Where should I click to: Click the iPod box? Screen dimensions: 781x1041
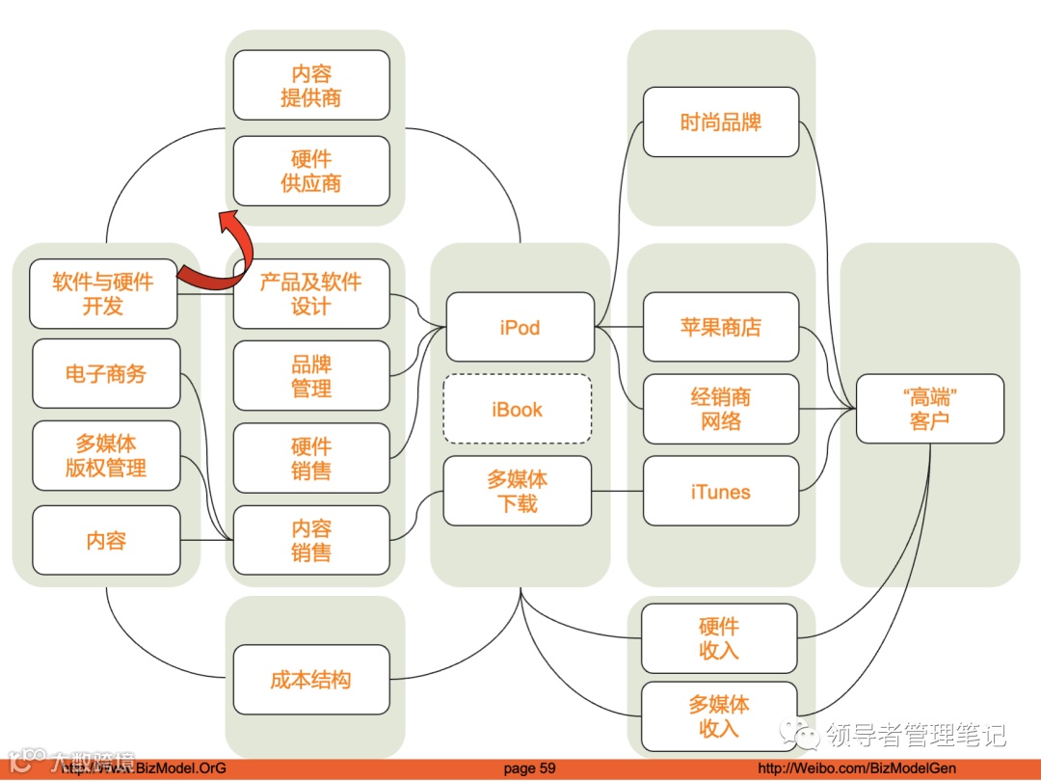[520, 328]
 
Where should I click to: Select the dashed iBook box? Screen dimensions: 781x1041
[518, 410]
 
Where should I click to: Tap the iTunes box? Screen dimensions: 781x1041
[721, 492]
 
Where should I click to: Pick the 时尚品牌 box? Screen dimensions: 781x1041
[721, 122]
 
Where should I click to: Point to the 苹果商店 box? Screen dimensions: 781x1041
[721, 328]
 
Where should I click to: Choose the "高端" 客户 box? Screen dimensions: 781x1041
[929, 409]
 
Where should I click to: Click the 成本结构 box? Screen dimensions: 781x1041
[311, 680]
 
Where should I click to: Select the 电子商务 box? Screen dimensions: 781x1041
[106, 373]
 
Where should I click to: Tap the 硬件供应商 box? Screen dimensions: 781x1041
[311, 171]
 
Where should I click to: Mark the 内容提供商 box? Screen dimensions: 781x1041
[311, 86]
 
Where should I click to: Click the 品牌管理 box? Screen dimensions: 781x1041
[311, 376]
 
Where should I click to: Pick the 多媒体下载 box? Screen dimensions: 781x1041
[518, 491]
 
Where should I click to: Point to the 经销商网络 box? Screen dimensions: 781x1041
[721, 409]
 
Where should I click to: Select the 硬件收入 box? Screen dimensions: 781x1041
[719, 638]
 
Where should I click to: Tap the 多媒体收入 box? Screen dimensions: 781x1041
[719, 716]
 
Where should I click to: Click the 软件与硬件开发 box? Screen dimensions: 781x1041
[104, 293]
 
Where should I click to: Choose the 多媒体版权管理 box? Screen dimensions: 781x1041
[106, 456]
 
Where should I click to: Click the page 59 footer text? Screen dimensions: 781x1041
[530, 768]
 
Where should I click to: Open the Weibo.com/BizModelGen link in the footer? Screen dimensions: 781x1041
[857, 768]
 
